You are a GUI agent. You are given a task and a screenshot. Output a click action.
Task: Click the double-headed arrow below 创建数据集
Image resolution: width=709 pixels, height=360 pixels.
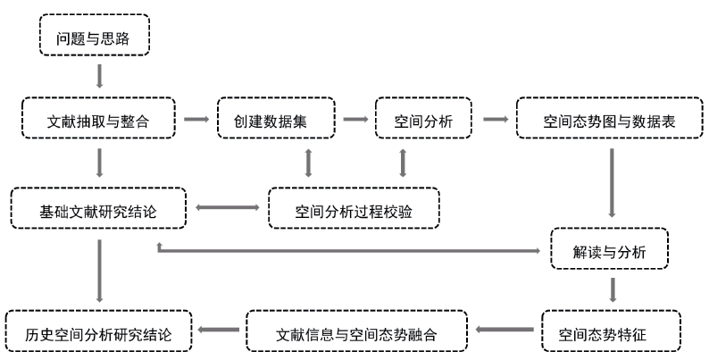click(309, 163)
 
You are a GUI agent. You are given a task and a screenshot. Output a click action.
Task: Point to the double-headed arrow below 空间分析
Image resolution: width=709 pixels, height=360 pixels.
click(403, 163)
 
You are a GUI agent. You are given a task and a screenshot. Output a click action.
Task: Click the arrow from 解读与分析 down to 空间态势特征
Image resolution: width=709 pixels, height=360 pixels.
click(613, 290)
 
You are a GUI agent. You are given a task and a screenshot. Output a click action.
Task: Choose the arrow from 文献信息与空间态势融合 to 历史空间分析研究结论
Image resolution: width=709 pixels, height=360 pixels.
click(219, 331)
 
